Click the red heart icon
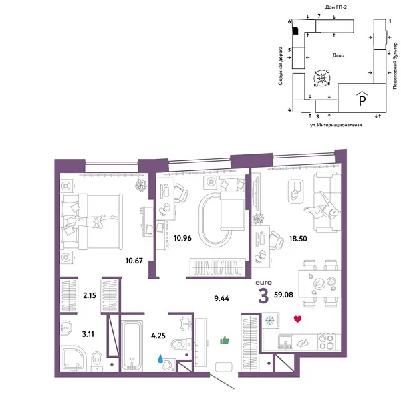click(297, 319)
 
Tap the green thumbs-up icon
click(225, 340)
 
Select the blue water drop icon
click(160, 358)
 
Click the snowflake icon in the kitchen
click(269, 319)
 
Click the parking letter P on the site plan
click(362, 100)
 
